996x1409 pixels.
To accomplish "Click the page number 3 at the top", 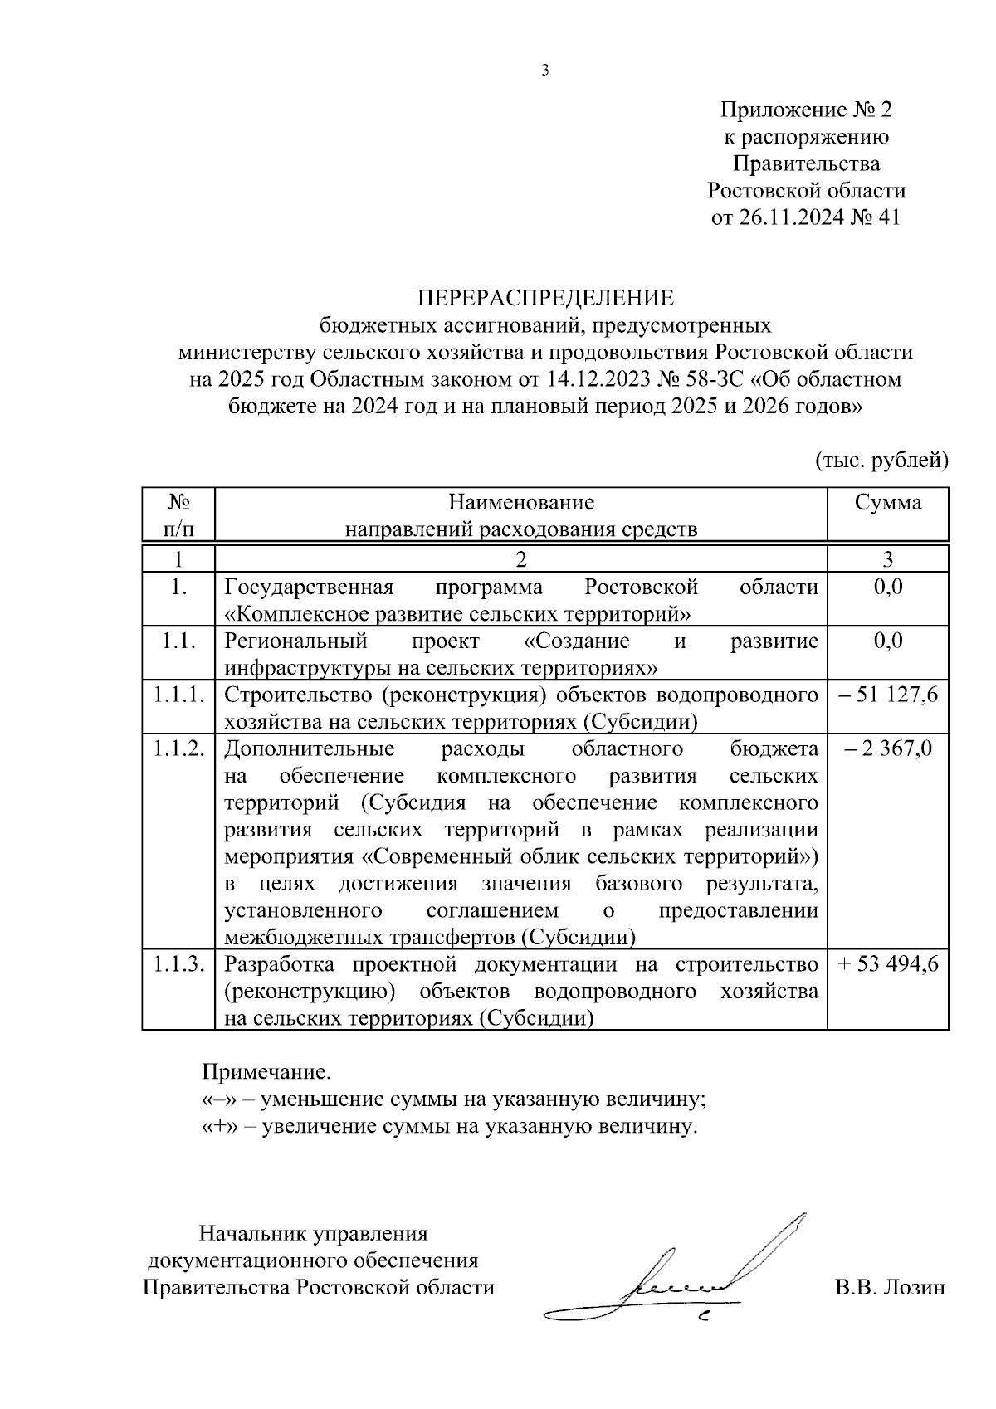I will point(545,71).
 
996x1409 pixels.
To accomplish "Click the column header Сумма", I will point(888,503).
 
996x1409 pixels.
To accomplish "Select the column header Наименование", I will point(521,503).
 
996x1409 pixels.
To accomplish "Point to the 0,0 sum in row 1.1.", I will point(888,641).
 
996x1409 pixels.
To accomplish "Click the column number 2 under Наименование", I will point(521,558).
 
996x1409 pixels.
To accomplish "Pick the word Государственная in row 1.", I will point(309,587).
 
